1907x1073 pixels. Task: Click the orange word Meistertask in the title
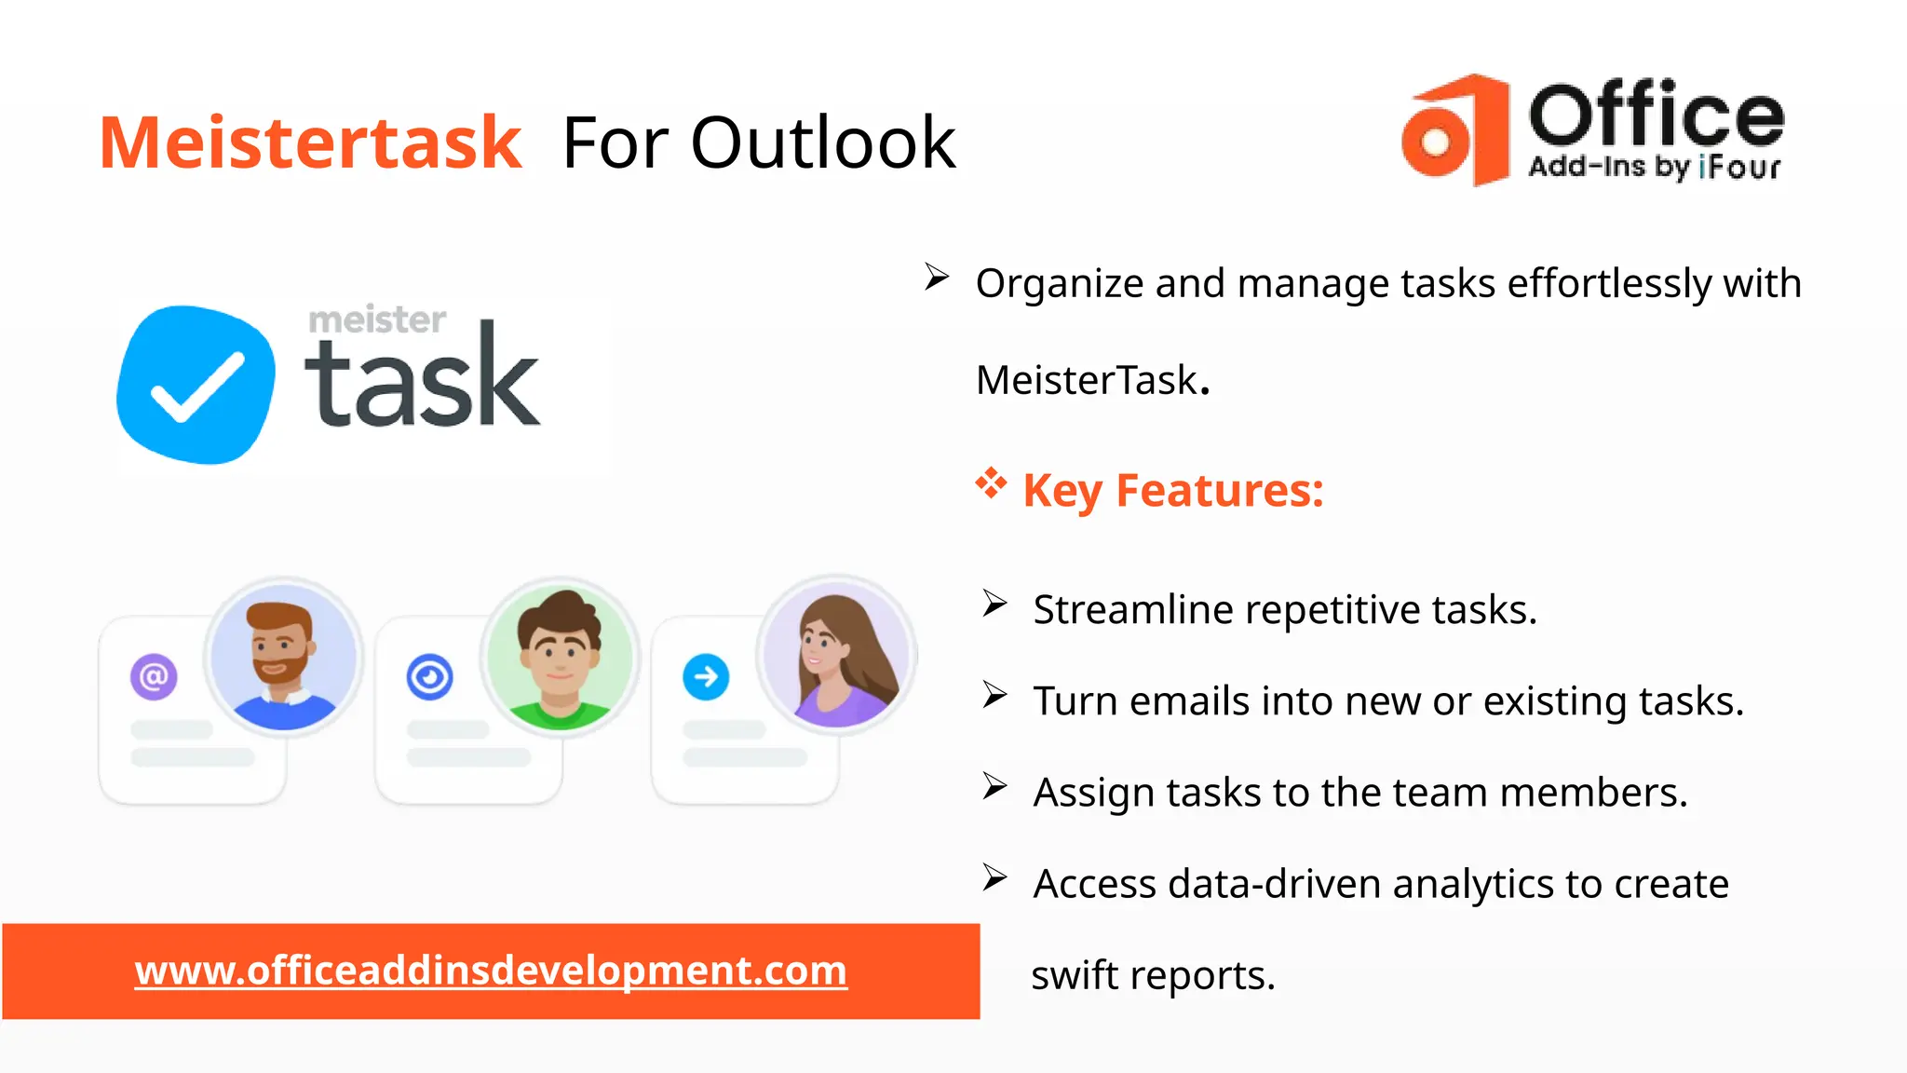coord(310,143)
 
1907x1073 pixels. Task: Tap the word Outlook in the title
coord(823,143)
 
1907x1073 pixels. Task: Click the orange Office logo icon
coord(1454,130)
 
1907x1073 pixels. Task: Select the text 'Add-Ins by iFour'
coord(1654,167)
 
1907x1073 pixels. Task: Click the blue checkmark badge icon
coord(196,384)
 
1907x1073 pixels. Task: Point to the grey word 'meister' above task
coord(377,319)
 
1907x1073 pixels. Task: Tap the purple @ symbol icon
coord(154,676)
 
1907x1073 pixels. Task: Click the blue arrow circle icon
coord(706,676)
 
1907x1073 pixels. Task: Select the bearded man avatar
coord(283,657)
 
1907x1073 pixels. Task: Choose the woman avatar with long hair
coord(836,657)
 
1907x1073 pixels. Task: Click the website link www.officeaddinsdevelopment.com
coord(491,971)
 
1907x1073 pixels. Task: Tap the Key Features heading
coord(1173,490)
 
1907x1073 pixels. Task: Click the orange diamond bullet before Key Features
coord(991,483)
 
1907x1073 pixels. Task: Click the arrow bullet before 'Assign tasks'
coord(994,787)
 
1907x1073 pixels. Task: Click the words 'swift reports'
coord(1153,975)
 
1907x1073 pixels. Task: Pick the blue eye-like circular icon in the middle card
coord(429,676)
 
